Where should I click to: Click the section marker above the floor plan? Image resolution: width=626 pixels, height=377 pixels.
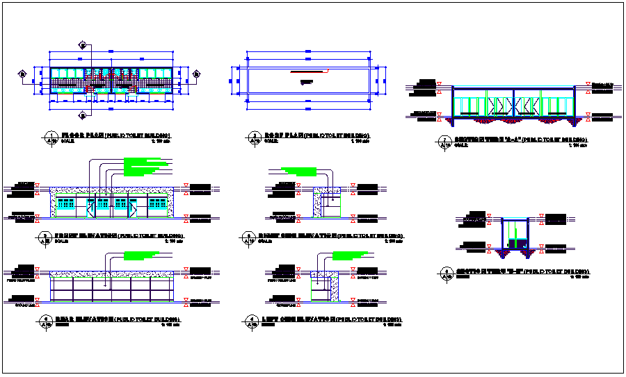pyautogui.click(x=82, y=46)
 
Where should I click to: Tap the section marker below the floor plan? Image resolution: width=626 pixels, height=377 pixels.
pyautogui.click(x=82, y=114)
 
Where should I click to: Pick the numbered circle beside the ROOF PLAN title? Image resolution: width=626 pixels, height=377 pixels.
pyautogui.click(x=250, y=137)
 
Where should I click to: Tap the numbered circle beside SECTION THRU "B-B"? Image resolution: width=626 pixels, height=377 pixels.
pyautogui.click(x=444, y=272)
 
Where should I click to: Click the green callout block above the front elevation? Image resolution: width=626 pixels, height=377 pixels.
pyautogui.click(x=146, y=167)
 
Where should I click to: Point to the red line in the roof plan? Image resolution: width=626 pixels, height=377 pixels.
pyautogui.click(x=306, y=72)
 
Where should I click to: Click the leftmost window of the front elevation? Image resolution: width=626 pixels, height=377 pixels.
pyautogui.click(x=66, y=203)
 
